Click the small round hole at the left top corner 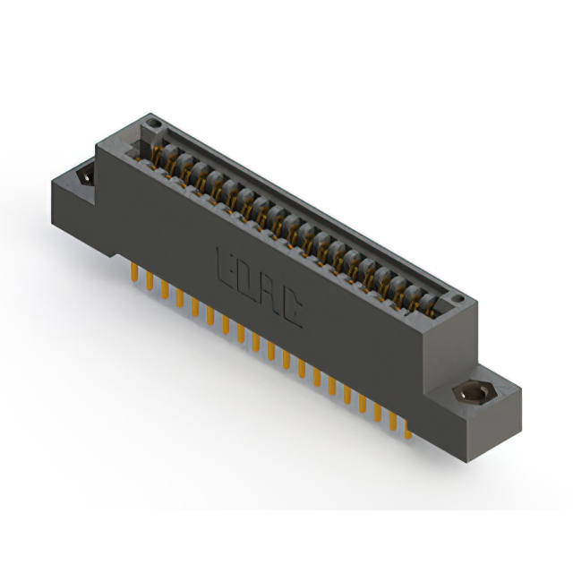153,122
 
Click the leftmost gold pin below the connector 133,269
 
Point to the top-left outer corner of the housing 97,144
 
